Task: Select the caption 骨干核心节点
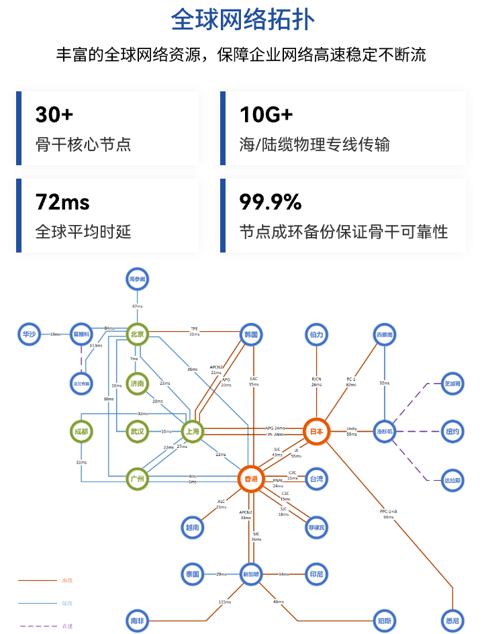tap(83, 144)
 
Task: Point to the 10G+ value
tap(266, 115)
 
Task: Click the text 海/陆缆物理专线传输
tap(314, 144)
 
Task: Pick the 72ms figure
tap(62, 202)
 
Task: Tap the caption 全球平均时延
tap(83, 232)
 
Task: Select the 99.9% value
tap(270, 202)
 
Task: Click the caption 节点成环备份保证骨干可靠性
tap(343, 232)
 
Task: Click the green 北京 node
tap(138, 332)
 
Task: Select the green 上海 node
tap(192, 431)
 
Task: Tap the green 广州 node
tap(138, 480)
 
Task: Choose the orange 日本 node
tap(316, 431)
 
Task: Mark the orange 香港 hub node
tap(251, 480)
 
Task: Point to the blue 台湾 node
tap(316, 480)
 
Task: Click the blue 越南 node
tap(193, 528)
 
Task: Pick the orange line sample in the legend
tap(38, 580)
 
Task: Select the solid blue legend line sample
tap(38, 603)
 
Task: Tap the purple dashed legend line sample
tap(38, 626)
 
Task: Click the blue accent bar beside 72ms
tap(19, 216)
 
